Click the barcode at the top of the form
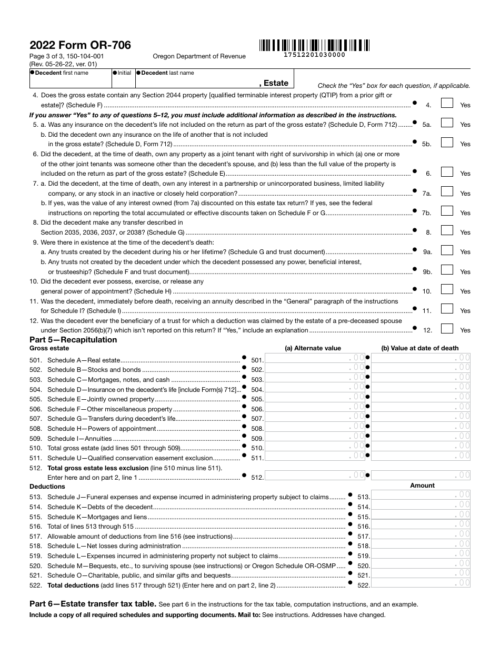(x=314, y=45)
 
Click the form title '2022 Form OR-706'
(x=81, y=45)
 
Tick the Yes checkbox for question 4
(x=447, y=104)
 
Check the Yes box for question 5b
(x=447, y=143)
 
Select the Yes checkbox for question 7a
(x=447, y=192)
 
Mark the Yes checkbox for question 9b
(x=447, y=270)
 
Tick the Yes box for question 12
(x=447, y=329)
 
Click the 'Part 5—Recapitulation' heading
(x=73, y=340)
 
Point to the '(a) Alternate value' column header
(x=313, y=348)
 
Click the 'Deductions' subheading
(x=47, y=487)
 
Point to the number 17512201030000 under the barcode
(x=314, y=55)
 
